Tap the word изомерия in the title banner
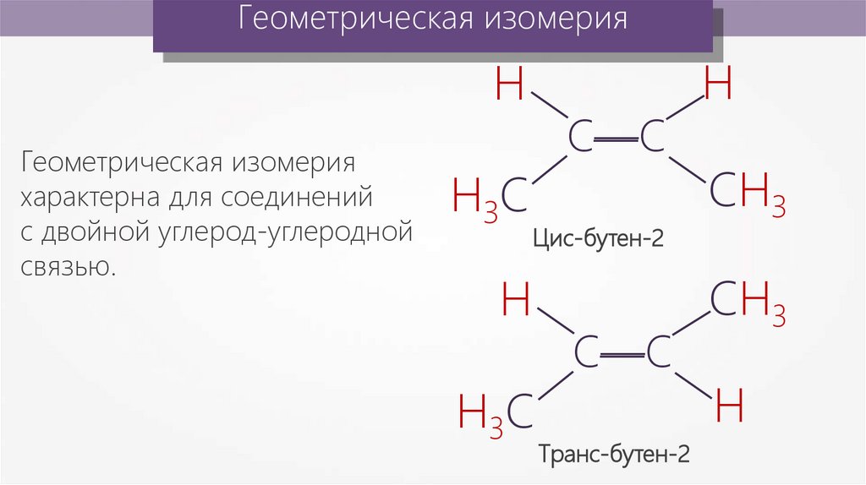click(x=556, y=19)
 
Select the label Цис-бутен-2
click(x=598, y=239)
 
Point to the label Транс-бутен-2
click(x=615, y=455)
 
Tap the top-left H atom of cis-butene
click(x=510, y=84)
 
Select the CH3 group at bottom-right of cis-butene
click(x=748, y=193)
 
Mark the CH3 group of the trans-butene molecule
click(x=748, y=302)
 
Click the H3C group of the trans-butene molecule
click(x=496, y=413)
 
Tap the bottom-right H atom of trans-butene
click(x=729, y=407)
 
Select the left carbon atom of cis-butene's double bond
click(x=580, y=137)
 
